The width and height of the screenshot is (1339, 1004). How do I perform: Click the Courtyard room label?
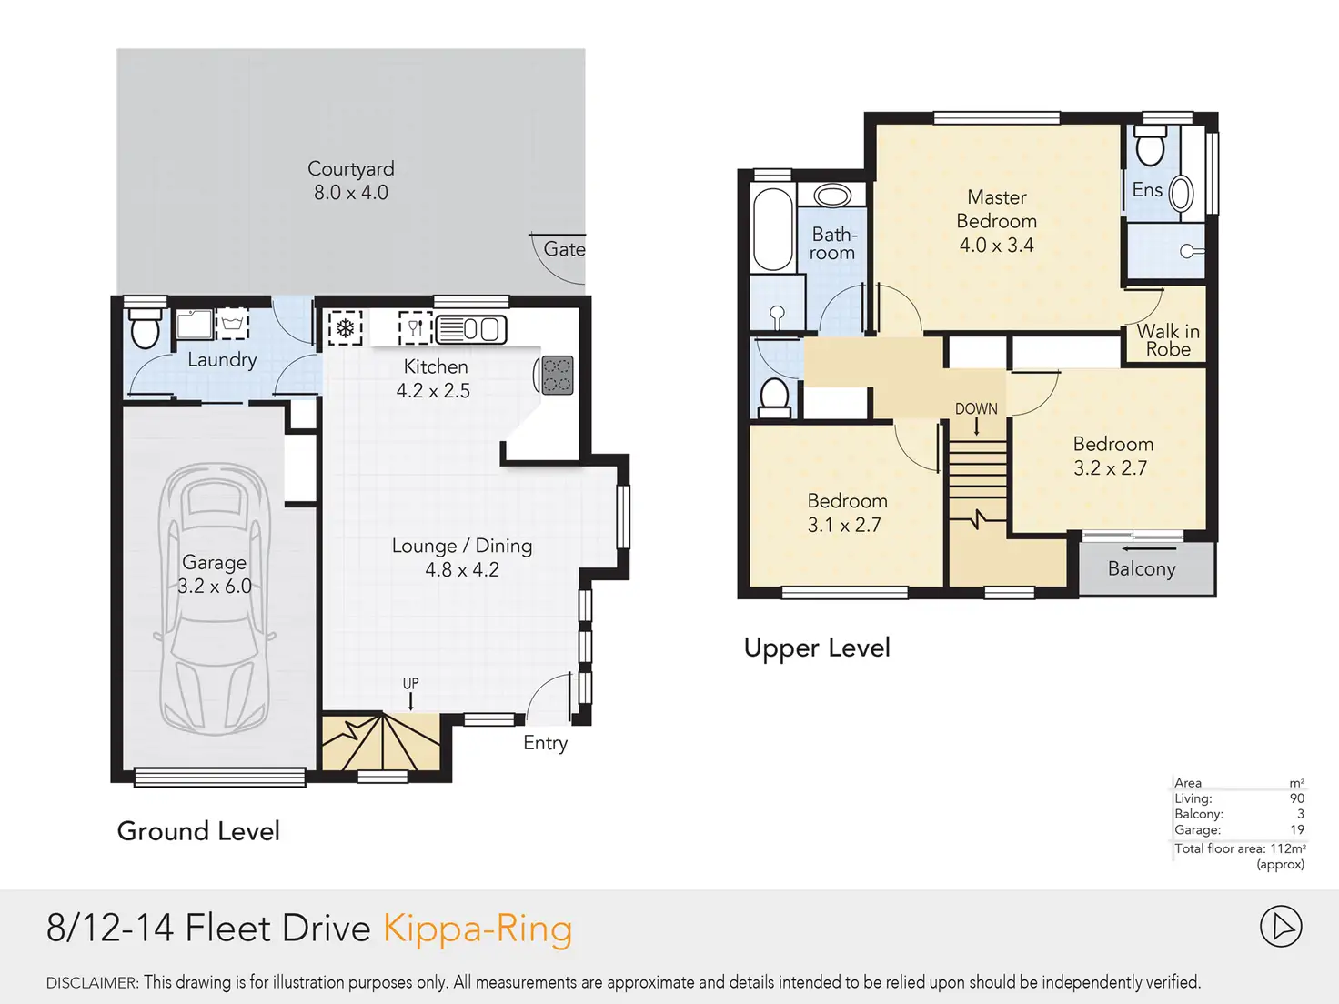(x=351, y=168)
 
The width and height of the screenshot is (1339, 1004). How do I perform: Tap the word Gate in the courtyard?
(x=564, y=248)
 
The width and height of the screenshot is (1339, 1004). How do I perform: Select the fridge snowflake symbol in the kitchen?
(x=346, y=328)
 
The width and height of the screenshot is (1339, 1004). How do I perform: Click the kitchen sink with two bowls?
(x=471, y=330)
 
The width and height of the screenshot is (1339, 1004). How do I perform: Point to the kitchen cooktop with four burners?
(x=557, y=375)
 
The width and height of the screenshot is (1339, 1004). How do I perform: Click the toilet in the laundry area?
(x=146, y=329)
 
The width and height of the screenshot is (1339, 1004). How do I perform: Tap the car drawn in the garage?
(x=215, y=598)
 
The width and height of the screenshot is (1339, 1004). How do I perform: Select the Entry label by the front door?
(x=546, y=743)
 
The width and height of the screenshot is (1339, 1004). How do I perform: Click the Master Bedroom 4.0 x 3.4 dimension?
(x=996, y=245)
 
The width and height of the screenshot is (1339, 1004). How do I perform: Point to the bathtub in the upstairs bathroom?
(x=772, y=228)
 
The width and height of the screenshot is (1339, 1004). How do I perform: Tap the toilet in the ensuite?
(x=1150, y=146)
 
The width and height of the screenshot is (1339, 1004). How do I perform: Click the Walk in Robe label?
(x=1168, y=340)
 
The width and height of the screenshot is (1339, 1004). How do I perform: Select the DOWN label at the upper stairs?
(x=976, y=408)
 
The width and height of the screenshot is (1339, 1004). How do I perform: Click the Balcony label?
(x=1142, y=568)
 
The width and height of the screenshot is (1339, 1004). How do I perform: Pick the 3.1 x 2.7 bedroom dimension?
(x=844, y=525)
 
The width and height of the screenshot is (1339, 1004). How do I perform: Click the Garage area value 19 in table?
(x=1297, y=829)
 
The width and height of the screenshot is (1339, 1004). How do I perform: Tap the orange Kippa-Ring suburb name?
(x=478, y=929)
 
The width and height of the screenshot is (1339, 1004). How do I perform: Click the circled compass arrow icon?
(x=1281, y=927)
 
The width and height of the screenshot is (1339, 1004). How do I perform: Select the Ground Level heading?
(x=198, y=831)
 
